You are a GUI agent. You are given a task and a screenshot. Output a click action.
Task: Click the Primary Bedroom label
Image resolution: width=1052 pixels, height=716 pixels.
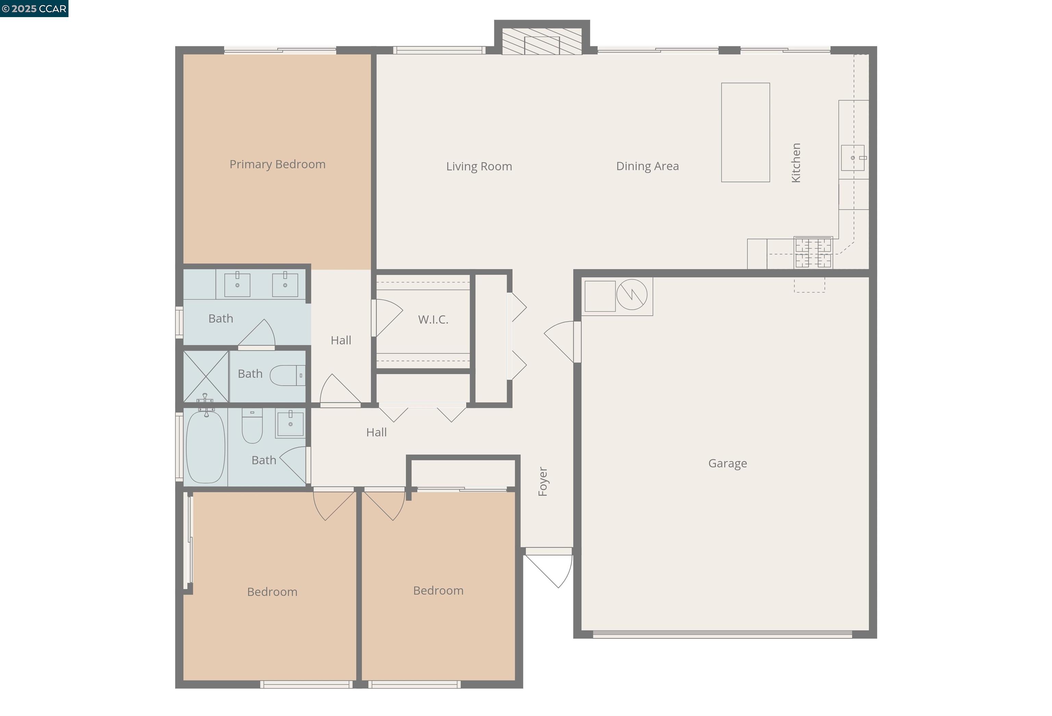pyautogui.click(x=277, y=164)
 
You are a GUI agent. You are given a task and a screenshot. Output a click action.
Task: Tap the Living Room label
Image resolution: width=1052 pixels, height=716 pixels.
pyautogui.click(x=479, y=166)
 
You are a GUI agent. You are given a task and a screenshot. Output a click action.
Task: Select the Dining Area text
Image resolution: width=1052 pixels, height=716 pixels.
pyautogui.click(x=647, y=166)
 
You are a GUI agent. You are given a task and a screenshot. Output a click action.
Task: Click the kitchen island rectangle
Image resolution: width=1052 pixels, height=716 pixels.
pyautogui.click(x=745, y=132)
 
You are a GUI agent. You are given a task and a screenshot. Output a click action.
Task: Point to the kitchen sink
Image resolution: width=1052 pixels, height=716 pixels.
pyautogui.click(x=852, y=158)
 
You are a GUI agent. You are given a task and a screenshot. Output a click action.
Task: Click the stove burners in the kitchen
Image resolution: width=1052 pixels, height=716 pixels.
pyautogui.click(x=813, y=252)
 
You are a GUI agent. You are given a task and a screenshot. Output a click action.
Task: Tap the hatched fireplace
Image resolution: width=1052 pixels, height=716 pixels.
pyautogui.click(x=542, y=42)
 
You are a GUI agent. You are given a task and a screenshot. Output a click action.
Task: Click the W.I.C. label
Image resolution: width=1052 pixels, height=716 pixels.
pyautogui.click(x=433, y=320)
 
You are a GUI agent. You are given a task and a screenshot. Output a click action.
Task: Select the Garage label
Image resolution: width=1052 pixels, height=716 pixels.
pyautogui.click(x=727, y=463)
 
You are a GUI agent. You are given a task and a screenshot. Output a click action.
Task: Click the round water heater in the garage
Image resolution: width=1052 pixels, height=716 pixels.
pyautogui.click(x=631, y=294)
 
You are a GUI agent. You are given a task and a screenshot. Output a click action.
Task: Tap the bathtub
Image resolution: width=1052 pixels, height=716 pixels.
pyautogui.click(x=205, y=447)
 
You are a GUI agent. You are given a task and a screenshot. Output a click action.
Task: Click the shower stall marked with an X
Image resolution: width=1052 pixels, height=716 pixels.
pyautogui.click(x=205, y=376)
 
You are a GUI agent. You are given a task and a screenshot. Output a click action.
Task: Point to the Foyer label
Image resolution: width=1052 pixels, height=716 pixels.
pyautogui.click(x=543, y=482)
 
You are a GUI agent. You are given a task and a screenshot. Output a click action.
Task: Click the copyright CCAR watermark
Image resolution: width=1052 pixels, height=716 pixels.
pyautogui.click(x=34, y=9)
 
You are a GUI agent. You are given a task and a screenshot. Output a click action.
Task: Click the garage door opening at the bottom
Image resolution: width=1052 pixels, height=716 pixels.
pyautogui.click(x=723, y=634)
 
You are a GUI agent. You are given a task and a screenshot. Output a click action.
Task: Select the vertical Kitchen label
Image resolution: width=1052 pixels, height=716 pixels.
pyautogui.click(x=796, y=163)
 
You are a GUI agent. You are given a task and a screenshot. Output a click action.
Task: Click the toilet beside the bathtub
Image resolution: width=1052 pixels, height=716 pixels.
pyautogui.click(x=252, y=426)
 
